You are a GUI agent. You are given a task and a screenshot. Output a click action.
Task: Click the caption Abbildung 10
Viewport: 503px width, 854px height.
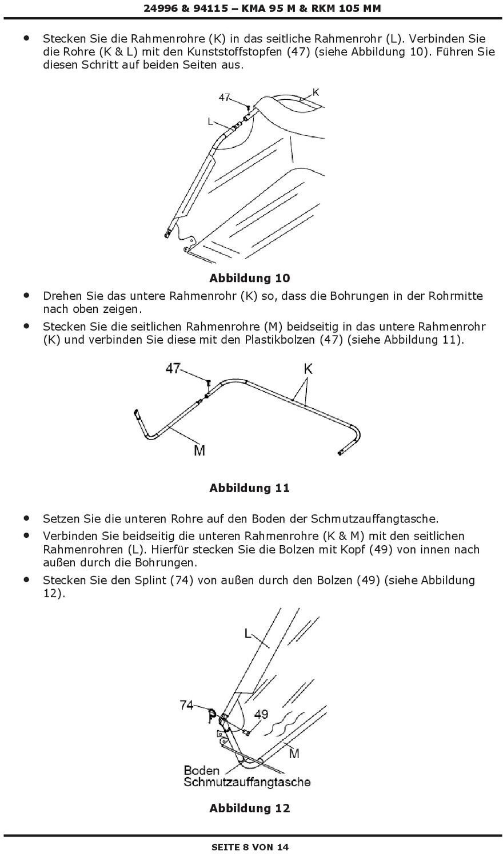pyautogui.click(x=250, y=278)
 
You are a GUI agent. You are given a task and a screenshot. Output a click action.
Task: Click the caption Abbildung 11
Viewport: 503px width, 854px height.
pyautogui.click(x=250, y=488)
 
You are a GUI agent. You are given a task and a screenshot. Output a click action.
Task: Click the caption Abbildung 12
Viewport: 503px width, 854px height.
pyautogui.click(x=250, y=808)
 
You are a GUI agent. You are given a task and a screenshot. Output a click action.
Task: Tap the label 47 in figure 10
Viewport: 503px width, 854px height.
pyautogui.click(x=224, y=98)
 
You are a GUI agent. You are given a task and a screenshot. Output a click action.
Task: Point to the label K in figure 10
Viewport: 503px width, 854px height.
pyautogui.click(x=316, y=92)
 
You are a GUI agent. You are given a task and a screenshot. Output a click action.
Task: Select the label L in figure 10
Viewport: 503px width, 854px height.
pyautogui.click(x=210, y=121)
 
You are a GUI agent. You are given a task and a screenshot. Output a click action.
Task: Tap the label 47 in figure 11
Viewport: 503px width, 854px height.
pyautogui.click(x=173, y=369)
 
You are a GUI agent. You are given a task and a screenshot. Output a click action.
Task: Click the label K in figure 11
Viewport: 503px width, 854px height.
pyautogui.click(x=308, y=369)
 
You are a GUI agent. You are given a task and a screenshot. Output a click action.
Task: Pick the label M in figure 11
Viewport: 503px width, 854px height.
pyautogui.click(x=199, y=450)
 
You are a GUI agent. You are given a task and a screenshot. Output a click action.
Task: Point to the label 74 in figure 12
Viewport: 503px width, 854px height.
pyautogui.click(x=187, y=705)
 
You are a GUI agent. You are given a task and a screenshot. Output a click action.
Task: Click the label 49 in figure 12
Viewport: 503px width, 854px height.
pyautogui.click(x=261, y=714)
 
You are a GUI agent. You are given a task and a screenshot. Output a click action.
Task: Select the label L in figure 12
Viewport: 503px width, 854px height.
pyautogui.click(x=248, y=634)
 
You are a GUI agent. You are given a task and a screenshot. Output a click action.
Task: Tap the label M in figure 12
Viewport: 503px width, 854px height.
pyautogui.click(x=294, y=754)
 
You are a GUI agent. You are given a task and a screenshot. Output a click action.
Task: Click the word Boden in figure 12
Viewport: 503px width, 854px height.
pyautogui.click(x=202, y=770)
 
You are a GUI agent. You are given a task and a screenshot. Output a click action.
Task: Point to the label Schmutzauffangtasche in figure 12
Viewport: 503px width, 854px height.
pyautogui.click(x=247, y=782)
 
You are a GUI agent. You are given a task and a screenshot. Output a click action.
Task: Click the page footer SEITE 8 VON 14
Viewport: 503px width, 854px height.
pyautogui.click(x=250, y=847)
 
